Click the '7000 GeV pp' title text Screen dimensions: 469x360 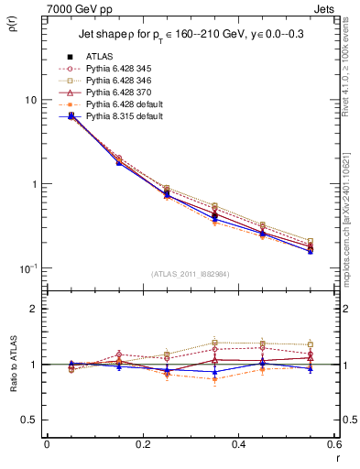76,8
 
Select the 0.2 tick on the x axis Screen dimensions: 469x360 142,444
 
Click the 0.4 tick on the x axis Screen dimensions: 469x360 238,444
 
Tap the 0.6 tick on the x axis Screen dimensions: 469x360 333,444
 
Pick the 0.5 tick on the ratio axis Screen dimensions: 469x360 29,420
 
